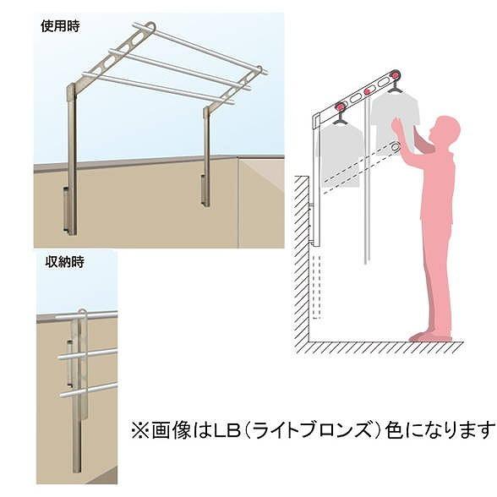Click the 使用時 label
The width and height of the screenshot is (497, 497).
pos(60,26)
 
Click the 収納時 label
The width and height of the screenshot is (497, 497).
pos(64,262)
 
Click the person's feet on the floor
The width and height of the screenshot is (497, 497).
pos(430,336)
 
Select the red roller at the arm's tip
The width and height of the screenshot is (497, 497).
pos(395,75)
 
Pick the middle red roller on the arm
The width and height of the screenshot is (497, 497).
pos(368,91)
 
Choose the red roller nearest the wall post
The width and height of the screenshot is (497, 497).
pos(340,106)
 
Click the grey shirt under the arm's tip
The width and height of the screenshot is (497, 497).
pos(396,120)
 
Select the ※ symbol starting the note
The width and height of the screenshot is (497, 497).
pos(139,430)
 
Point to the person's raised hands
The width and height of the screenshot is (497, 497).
pos(397,125)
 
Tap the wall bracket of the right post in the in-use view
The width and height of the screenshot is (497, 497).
pos(202,189)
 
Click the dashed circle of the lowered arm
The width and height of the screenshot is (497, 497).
pos(395,147)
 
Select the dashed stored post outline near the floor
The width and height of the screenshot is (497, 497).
pos(317,286)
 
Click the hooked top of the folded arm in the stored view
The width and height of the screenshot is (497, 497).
pos(82,313)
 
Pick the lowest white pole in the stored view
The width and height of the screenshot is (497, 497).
pos(88,389)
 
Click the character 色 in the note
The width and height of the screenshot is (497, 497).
pos(395,430)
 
